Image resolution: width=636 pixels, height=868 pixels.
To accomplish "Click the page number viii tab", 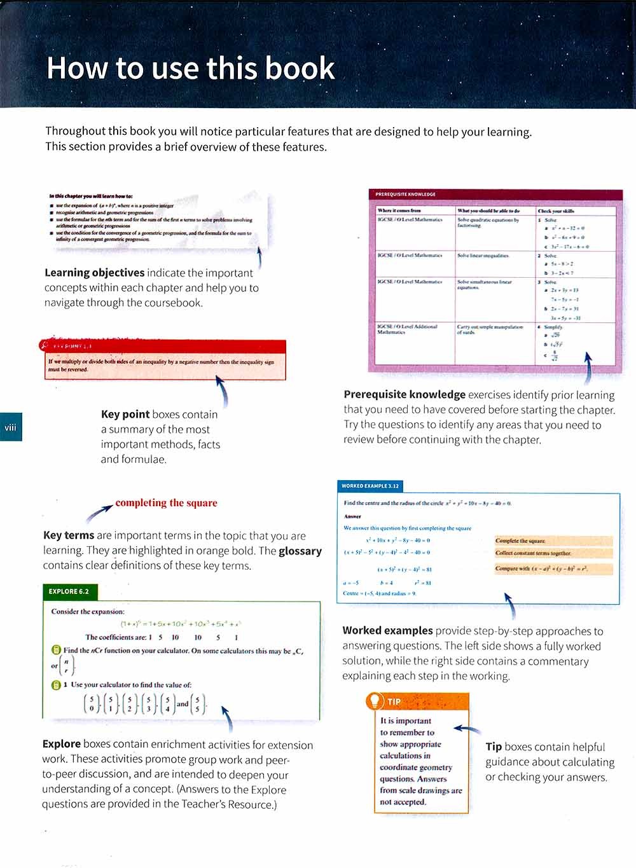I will (x=10, y=427).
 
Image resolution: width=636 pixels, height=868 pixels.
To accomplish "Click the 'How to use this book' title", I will (x=190, y=69).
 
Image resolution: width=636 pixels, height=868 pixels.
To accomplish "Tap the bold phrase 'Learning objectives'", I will (x=94, y=273).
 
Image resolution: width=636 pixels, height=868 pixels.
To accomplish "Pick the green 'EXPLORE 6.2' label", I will (x=69, y=591).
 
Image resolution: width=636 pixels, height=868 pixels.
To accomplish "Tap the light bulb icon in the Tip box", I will (x=375, y=701).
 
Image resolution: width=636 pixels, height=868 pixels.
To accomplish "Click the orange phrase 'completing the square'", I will (x=166, y=503).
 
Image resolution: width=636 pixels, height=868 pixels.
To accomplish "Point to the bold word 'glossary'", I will (x=300, y=551).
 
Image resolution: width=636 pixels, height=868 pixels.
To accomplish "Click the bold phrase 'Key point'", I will (x=125, y=415).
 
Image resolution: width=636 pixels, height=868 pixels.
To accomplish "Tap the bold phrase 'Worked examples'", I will (x=387, y=631).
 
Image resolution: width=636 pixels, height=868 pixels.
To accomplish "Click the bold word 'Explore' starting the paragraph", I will (x=61, y=744).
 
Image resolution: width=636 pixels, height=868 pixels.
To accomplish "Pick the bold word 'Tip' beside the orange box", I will (x=494, y=747).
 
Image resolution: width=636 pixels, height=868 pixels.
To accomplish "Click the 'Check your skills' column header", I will (x=555, y=210).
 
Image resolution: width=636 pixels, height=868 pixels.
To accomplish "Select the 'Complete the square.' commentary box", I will (x=520, y=541).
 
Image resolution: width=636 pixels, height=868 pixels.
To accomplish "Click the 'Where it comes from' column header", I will (x=399, y=210).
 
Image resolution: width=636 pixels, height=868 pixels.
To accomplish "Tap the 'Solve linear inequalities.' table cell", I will (x=483, y=256).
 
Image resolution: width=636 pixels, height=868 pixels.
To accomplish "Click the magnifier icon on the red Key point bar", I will (x=44, y=346).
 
